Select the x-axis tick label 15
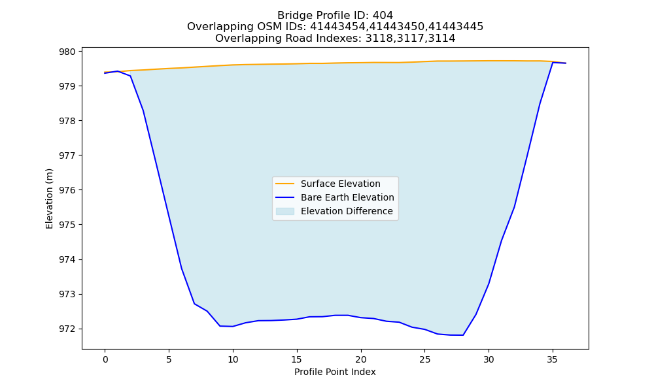[x=297, y=359]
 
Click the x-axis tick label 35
[x=553, y=359]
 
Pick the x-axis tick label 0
[x=105, y=359]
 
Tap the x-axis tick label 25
[x=424, y=359]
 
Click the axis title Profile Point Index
[x=335, y=372]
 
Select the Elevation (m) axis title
[x=50, y=199]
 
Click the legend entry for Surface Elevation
[x=340, y=184]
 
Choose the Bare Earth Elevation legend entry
[x=347, y=197]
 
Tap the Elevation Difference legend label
[x=347, y=211]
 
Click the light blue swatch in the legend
[x=285, y=211]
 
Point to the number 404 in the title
[x=383, y=16]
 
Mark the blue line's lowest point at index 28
[x=463, y=335]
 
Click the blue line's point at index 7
[x=194, y=304]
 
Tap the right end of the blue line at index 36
[x=566, y=63]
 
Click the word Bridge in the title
[x=291, y=16]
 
